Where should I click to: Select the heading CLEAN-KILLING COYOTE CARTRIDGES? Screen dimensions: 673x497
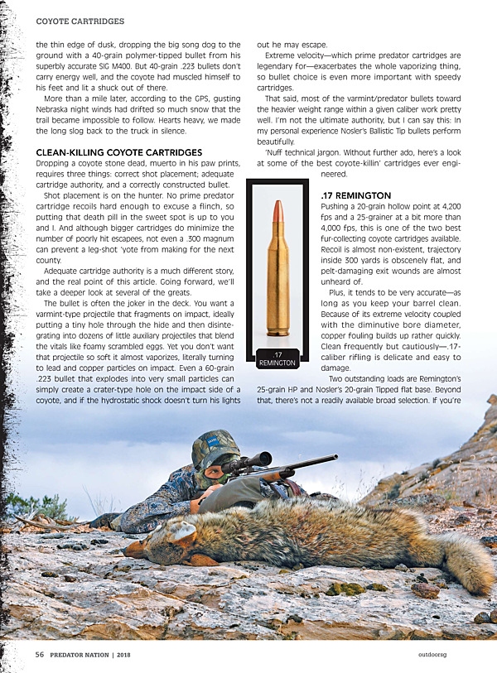(119, 152)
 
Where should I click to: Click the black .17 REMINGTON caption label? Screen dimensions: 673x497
(277, 358)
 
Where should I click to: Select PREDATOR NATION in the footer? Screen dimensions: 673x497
(85, 654)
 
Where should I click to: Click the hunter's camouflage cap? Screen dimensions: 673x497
(214, 447)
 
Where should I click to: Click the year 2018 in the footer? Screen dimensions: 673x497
(147, 654)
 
